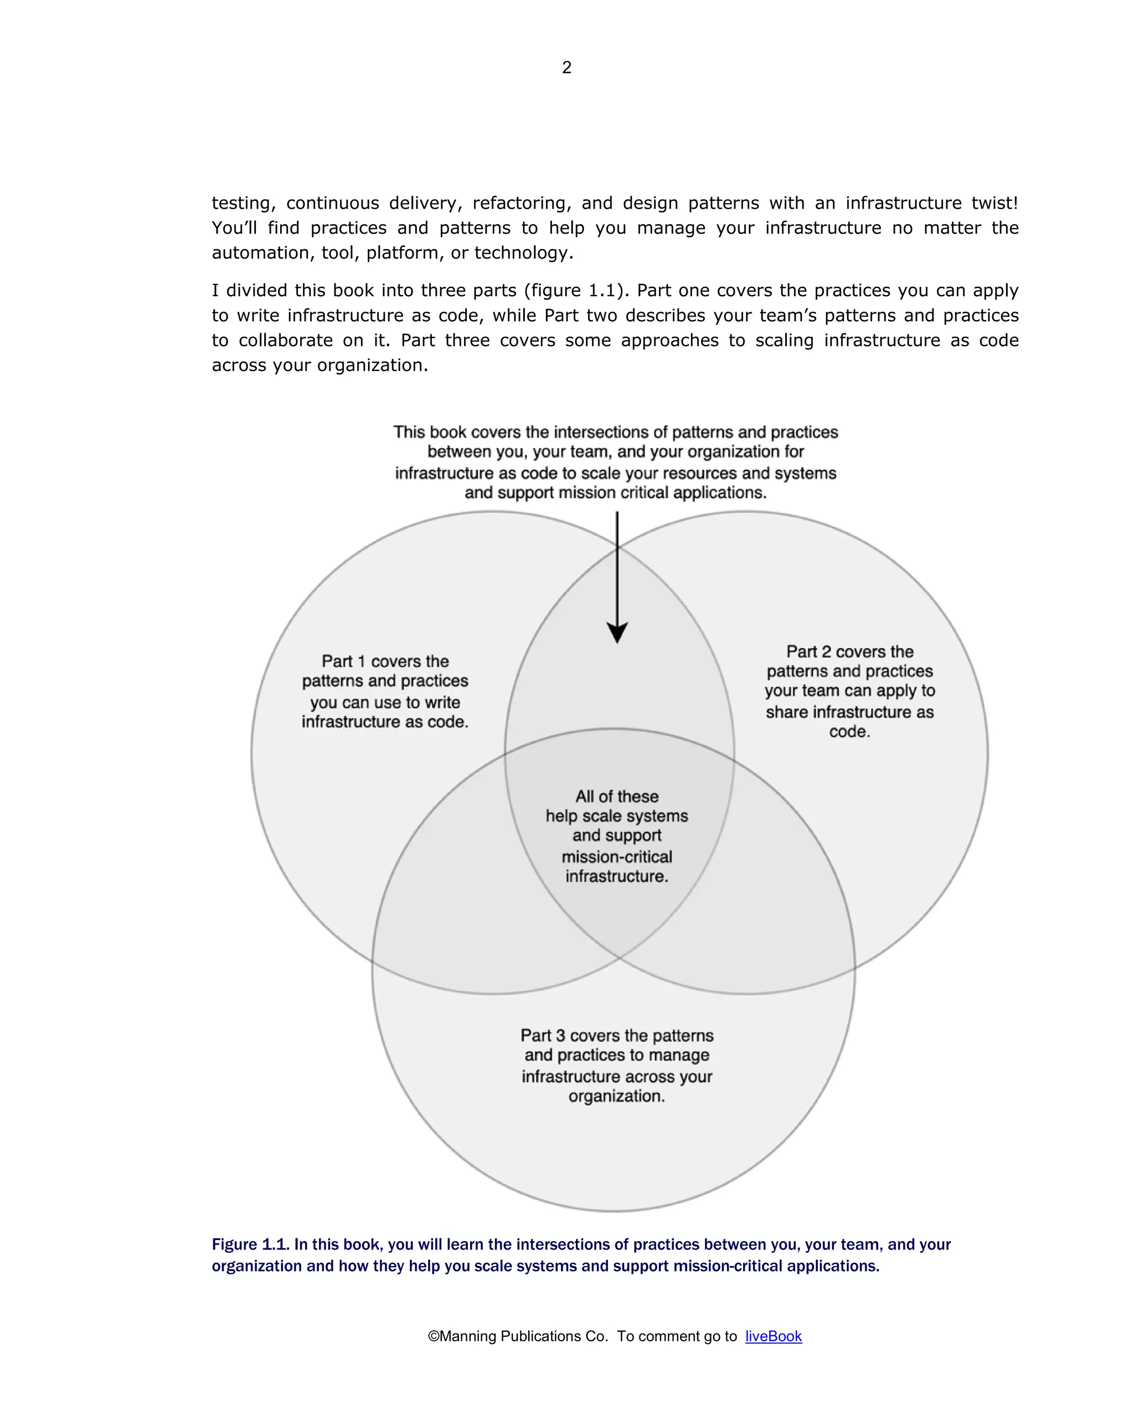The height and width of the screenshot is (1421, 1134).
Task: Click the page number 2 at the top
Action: pyautogui.click(x=566, y=67)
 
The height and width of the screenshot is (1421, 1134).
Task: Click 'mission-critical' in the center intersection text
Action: pyautogui.click(x=616, y=857)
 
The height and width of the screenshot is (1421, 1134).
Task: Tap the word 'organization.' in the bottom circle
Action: pyautogui.click(x=616, y=1096)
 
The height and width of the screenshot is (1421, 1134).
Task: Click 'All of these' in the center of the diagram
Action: pyautogui.click(x=616, y=796)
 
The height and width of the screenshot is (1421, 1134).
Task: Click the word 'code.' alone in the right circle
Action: pyautogui.click(x=849, y=732)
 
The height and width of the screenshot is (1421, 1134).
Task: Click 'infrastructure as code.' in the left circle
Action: pyautogui.click(x=385, y=722)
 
